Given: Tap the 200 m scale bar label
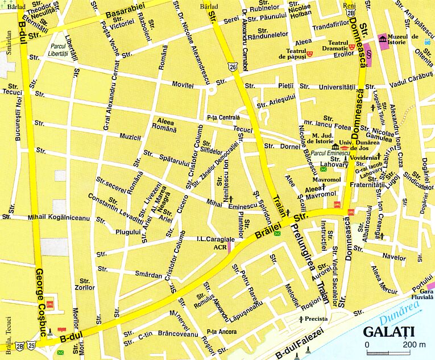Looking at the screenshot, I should (x=415, y=345).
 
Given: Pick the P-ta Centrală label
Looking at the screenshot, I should (x=223, y=118).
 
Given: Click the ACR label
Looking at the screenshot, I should (x=219, y=247).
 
